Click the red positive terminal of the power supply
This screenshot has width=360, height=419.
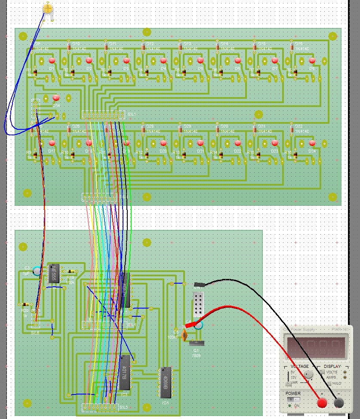pos(322,403)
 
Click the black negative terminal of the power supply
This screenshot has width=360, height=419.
pos(339,403)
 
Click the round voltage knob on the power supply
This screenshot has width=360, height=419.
pos(308,375)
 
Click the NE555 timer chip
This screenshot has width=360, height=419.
pos(53,273)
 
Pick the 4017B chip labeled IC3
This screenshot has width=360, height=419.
pos(125,372)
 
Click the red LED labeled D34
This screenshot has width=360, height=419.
pos(55,98)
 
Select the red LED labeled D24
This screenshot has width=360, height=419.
pos(312,143)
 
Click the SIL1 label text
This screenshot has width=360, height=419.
pos(132,114)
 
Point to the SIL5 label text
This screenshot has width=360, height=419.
pos(123,407)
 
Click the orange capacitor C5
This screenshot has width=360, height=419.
pos(185,335)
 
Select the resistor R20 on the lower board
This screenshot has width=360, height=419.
pos(25,304)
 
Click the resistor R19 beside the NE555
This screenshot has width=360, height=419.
pos(71,271)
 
